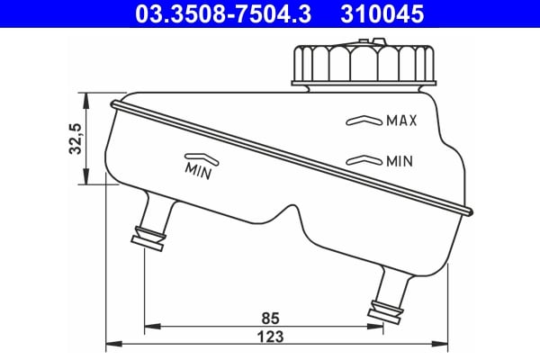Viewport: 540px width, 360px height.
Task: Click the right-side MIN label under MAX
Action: pos(399,162)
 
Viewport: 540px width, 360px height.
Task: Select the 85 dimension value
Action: pos(267,318)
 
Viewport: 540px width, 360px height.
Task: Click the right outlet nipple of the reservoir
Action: pos(389,298)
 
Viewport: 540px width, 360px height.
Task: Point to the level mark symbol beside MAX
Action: pos(362,120)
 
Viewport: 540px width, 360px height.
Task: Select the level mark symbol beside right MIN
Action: pos(362,161)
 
